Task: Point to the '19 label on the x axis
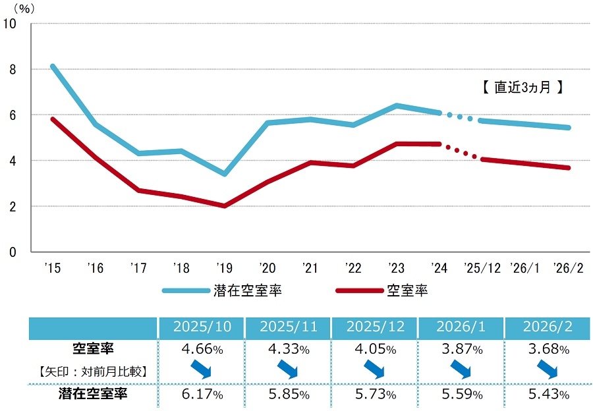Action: tap(224, 268)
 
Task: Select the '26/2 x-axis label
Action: tap(570, 268)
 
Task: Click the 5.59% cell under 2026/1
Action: tap(460, 395)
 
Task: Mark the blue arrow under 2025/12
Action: tap(374, 370)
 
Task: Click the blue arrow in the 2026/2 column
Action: tap(548, 370)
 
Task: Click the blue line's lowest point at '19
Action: tap(225, 174)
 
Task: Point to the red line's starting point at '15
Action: tap(52, 119)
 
